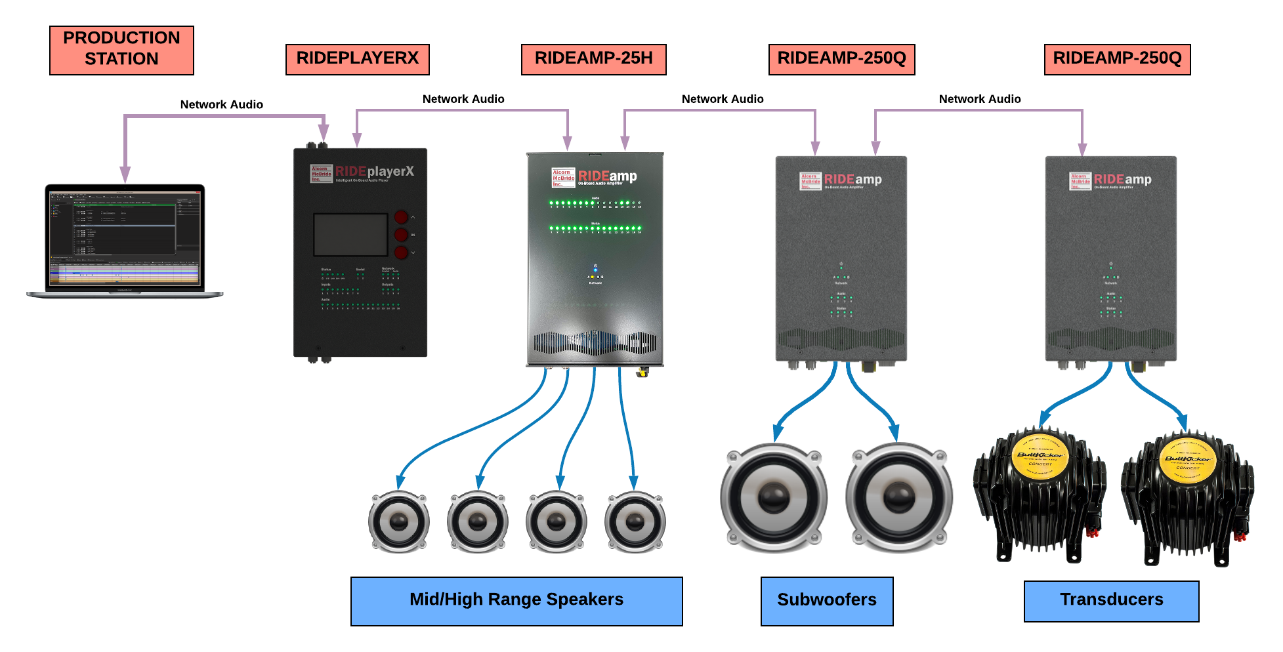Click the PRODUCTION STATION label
click(121, 50)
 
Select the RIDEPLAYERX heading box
click(357, 59)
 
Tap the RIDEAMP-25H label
click(593, 59)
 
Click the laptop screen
click(125, 239)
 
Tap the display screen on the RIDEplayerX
click(350, 235)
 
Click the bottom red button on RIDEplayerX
click(401, 253)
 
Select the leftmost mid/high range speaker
click(398, 521)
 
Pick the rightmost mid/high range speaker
click(635, 521)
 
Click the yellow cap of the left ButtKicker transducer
click(1040, 456)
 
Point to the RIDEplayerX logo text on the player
click(374, 172)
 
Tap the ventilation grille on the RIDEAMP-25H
click(594, 342)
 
